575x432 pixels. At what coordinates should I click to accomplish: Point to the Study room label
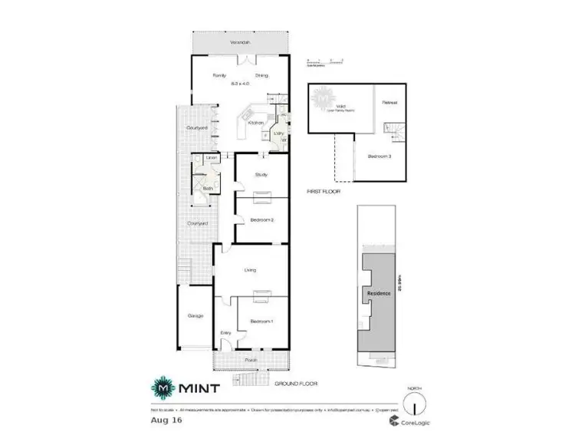(x=261, y=175)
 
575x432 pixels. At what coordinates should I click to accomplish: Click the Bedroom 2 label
(x=261, y=220)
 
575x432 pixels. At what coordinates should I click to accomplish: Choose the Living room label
(x=250, y=270)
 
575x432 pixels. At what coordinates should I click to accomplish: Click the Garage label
(x=195, y=315)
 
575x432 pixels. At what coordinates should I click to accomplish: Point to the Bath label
(x=197, y=187)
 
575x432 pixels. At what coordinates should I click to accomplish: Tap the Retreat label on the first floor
(x=390, y=102)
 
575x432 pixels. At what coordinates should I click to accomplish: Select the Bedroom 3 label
(x=379, y=157)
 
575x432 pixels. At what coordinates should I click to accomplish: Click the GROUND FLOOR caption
(x=294, y=384)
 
